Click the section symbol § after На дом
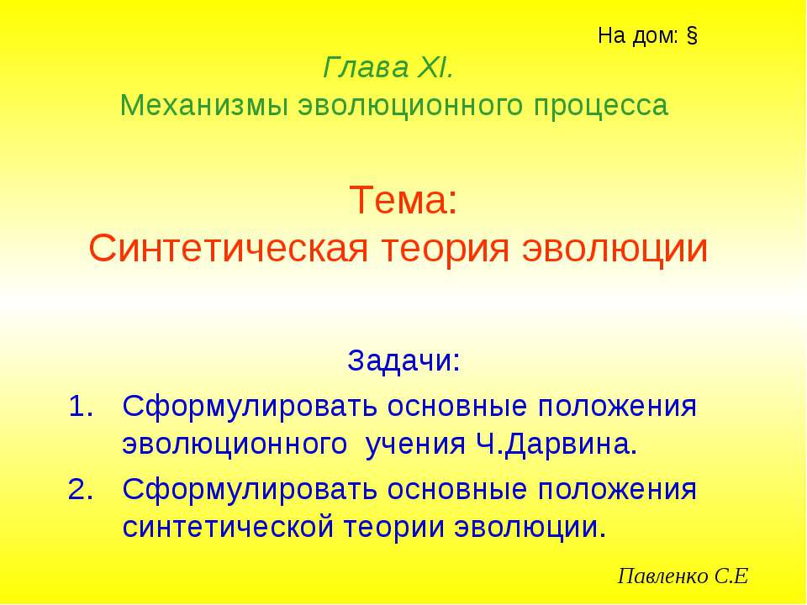[694, 36]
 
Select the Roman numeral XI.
[435, 66]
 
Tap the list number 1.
[78, 407]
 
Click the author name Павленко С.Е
[683, 576]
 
